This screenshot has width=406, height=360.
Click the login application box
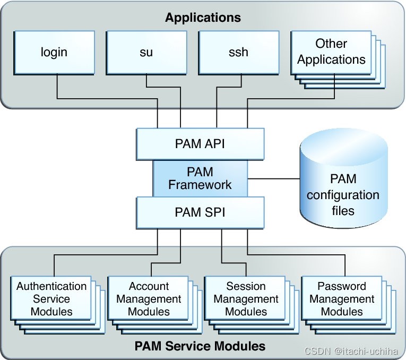click(54, 52)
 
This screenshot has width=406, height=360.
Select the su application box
click(146, 52)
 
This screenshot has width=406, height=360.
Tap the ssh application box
click(238, 52)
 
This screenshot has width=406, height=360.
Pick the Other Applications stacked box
click(331, 52)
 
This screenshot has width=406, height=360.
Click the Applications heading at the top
click(203, 18)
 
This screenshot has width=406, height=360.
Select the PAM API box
click(200, 144)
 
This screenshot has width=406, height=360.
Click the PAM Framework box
click(200, 178)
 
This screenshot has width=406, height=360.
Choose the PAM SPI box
click(200, 212)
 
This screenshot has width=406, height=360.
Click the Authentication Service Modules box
click(51, 298)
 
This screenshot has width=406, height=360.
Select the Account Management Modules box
click(149, 298)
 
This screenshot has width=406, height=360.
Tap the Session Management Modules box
click(246, 298)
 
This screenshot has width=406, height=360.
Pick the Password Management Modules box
click(342, 298)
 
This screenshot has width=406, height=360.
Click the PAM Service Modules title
click(200, 346)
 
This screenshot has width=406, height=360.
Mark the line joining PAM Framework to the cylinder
click(273, 178)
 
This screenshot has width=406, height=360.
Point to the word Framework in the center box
click(200, 185)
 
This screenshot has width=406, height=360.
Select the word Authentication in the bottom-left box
click(51, 286)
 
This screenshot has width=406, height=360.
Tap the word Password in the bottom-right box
click(342, 286)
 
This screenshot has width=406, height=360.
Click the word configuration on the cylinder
click(343, 195)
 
